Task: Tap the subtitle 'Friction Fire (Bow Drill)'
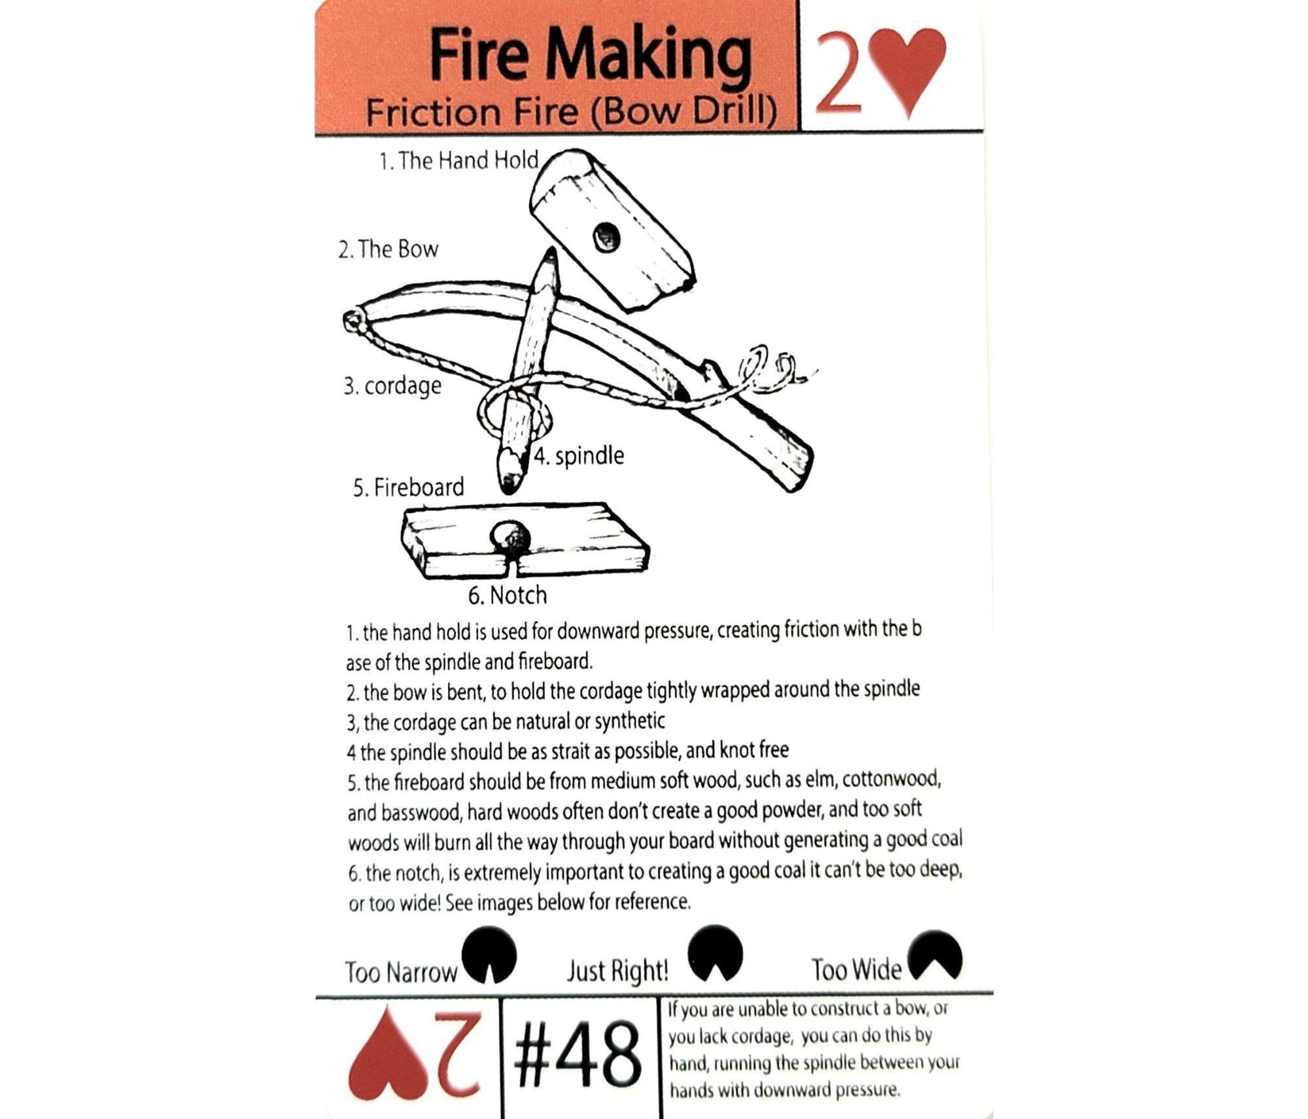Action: point(572,111)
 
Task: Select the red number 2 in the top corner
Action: point(838,72)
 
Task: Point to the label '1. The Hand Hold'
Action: point(458,160)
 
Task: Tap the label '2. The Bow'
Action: point(388,249)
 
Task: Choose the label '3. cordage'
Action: point(392,386)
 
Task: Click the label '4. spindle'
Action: point(579,455)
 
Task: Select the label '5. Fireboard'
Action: point(408,488)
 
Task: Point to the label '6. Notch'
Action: point(507,595)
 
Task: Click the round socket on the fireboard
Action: point(511,538)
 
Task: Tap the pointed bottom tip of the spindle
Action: point(508,489)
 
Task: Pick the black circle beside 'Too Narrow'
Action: point(489,955)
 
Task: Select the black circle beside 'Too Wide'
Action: point(935,955)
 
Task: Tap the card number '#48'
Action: point(577,1055)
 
